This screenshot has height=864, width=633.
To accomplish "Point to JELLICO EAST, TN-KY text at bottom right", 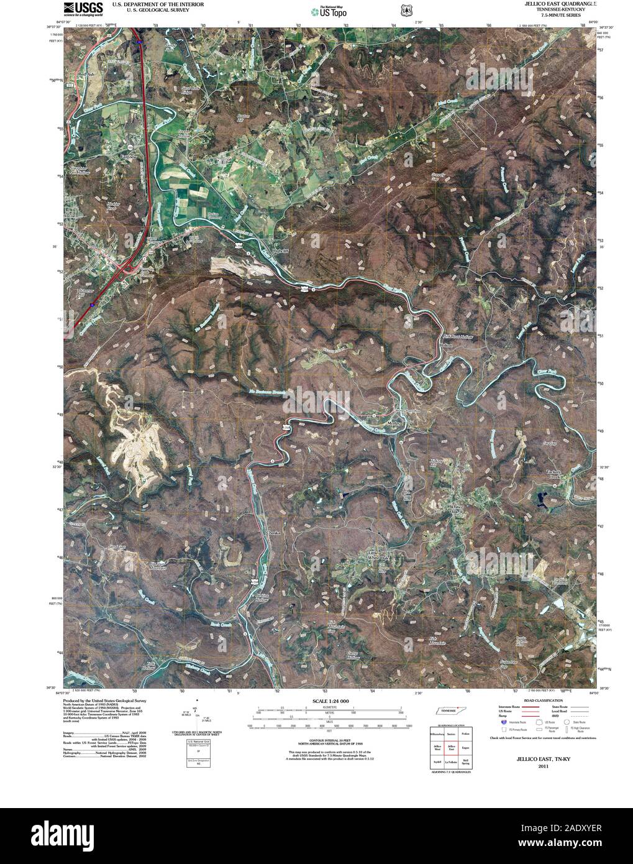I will coord(540,760).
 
